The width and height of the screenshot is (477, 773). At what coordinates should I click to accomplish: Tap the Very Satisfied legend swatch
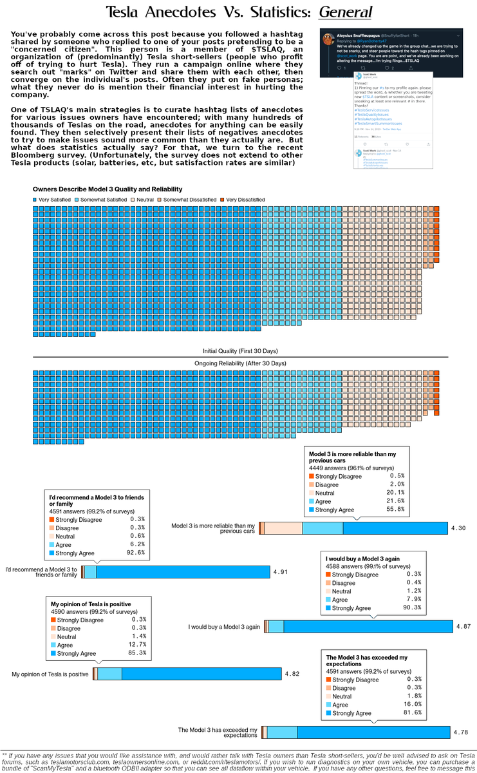pos(35,200)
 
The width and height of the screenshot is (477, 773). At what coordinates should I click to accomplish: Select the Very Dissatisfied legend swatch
pos(222,200)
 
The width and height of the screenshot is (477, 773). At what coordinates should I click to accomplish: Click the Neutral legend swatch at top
pos(133,200)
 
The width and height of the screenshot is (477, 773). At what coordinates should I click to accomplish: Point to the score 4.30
pos(458,528)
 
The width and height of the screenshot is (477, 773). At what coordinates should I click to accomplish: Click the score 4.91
pos(281,572)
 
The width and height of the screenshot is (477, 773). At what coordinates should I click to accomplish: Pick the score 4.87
pos(463,626)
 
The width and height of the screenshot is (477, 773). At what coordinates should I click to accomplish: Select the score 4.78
pos(461,732)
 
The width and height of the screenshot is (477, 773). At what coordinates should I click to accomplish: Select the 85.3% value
pos(138,653)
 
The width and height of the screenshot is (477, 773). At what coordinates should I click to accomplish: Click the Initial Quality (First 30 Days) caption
pos(240,350)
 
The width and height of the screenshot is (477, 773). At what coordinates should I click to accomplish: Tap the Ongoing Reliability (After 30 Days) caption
pos(240,364)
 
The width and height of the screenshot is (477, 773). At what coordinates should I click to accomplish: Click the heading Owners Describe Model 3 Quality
pos(108,189)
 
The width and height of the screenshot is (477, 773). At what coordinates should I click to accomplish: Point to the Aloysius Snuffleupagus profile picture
pos(328,38)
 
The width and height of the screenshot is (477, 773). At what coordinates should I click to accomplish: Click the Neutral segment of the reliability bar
pos(283,528)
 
